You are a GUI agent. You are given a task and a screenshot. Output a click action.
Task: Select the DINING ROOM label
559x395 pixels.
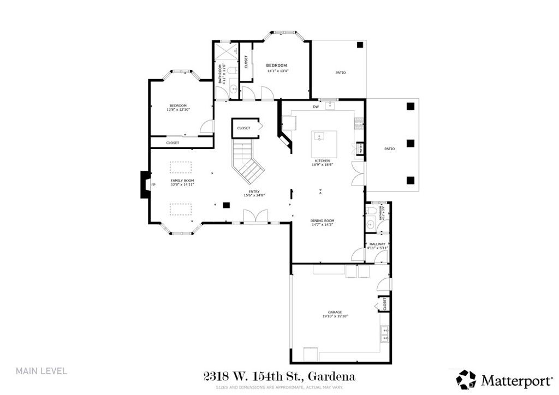322,220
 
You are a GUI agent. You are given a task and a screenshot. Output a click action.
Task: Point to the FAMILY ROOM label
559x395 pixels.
182,181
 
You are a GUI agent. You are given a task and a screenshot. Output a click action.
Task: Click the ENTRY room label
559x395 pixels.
254,192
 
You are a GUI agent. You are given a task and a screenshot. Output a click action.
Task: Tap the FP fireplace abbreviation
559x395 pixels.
153,185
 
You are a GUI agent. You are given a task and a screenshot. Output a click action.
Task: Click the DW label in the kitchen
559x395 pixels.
316,107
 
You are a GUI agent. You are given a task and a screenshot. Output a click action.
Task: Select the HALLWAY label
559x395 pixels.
377,244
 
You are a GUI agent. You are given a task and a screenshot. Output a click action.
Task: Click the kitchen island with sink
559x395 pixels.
324,143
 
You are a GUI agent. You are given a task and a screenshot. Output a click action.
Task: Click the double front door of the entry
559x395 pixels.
255,218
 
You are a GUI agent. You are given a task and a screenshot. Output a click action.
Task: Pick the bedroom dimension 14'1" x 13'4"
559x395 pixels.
277,70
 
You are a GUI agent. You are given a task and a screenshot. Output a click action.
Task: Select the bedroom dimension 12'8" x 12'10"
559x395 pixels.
177,110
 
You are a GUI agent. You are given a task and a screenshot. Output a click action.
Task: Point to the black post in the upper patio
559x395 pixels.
360,45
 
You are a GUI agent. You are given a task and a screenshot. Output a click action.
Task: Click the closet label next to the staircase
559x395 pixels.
243,128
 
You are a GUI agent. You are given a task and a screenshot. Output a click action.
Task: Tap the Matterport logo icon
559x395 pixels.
466,378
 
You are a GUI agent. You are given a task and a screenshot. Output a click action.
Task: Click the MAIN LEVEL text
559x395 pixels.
41,371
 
